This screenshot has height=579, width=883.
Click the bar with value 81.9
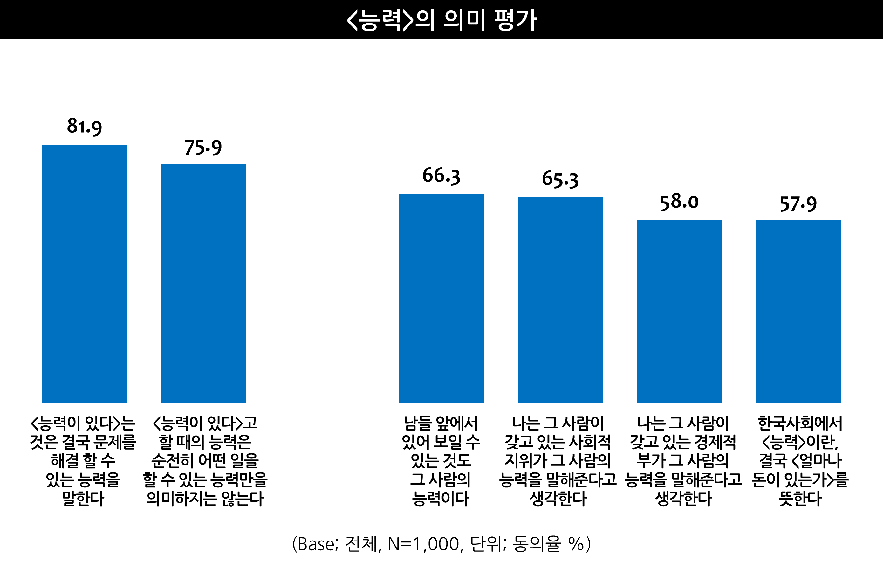[84, 273]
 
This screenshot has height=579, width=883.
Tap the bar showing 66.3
[441, 298]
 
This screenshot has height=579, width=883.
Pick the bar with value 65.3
[560, 300]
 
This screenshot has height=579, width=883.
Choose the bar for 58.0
[679, 311]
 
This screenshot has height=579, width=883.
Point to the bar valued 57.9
[798, 311]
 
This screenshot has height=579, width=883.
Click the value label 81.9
[84, 126]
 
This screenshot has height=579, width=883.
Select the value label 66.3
[441, 176]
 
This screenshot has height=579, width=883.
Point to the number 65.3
[560, 179]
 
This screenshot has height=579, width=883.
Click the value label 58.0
[679, 202]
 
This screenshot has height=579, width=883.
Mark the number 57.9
[798, 204]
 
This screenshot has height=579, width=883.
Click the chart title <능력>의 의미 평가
[441, 20]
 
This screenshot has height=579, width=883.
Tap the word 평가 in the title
[515, 20]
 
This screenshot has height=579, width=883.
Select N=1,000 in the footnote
[423, 544]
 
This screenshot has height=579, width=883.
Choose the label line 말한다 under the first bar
[83, 499]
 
